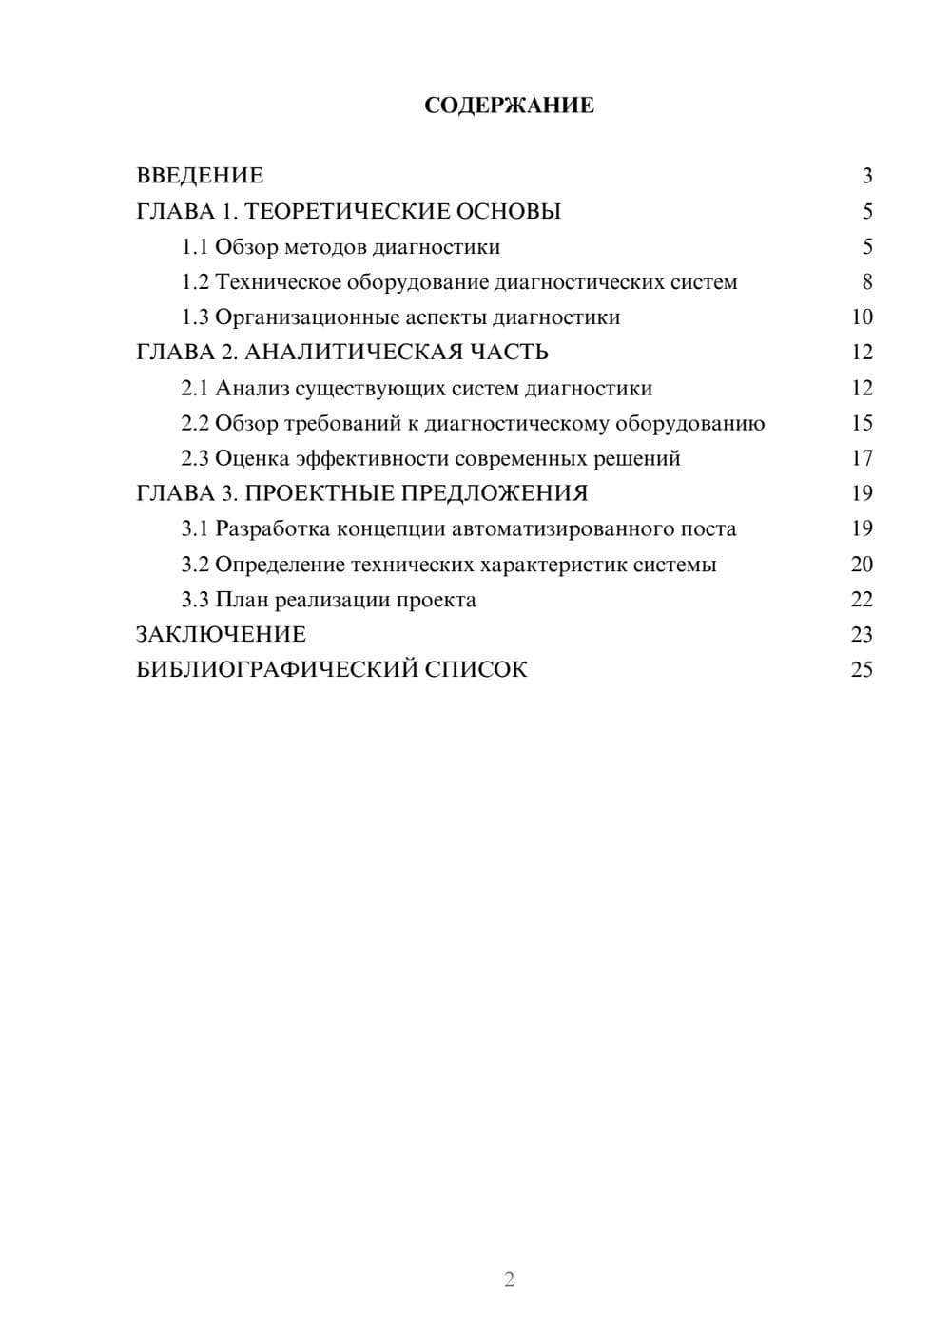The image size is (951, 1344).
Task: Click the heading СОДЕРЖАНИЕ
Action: pyautogui.click(x=509, y=106)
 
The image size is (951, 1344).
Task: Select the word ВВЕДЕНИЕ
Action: pyautogui.click(x=200, y=176)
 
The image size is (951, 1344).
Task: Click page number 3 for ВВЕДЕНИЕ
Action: pyautogui.click(x=866, y=176)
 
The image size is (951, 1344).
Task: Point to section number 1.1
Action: pyautogui.click(x=195, y=247)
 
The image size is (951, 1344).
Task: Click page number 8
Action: pyautogui.click(x=866, y=282)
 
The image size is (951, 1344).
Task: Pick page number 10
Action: pyautogui.click(x=862, y=317)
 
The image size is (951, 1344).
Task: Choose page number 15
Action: pyautogui.click(x=862, y=423)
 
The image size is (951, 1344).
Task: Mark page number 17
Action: pyautogui.click(x=862, y=458)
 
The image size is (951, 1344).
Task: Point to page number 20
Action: pyautogui.click(x=862, y=564)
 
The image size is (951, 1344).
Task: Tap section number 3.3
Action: pyautogui.click(x=195, y=600)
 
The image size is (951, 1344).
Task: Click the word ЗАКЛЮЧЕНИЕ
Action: pyautogui.click(x=222, y=634)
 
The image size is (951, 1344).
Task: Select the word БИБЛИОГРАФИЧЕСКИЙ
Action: pyautogui.click(x=277, y=669)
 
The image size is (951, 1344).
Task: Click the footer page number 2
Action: pyautogui.click(x=509, y=1279)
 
